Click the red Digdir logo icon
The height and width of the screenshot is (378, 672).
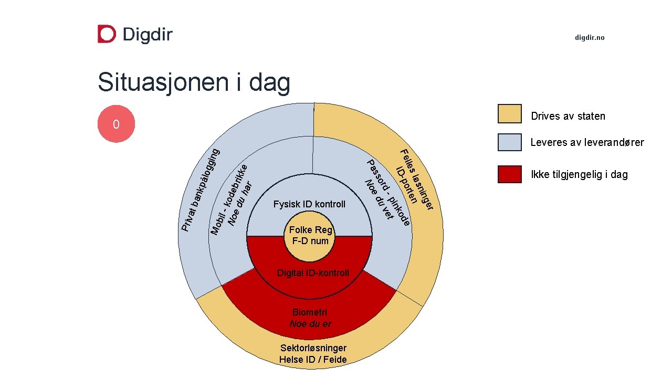coord(107,34)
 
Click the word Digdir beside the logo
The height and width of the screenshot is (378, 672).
coord(147,35)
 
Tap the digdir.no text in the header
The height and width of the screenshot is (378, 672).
coord(590,38)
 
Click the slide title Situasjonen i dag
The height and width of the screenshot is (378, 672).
coord(194,83)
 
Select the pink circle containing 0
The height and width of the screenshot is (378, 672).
coord(116,124)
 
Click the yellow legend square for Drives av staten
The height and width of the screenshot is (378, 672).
coord(509,114)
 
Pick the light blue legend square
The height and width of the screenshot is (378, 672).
coord(509,142)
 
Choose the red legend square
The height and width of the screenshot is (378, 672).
coord(509,174)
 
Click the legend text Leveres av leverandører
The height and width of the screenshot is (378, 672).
coord(587,142)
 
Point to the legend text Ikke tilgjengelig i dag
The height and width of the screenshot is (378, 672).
coord(579,175)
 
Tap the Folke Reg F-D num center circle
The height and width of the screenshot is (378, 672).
coord(310,236)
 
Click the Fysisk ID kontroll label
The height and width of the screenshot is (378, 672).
coord(310,204)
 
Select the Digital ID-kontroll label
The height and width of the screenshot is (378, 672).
coord(313,273)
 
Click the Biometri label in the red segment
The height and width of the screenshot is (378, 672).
coord(310,313)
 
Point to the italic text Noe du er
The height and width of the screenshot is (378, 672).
coord(310,324)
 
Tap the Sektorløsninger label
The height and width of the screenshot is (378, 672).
coord(313,348)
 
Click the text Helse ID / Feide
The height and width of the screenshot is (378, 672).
coord(313,360)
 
